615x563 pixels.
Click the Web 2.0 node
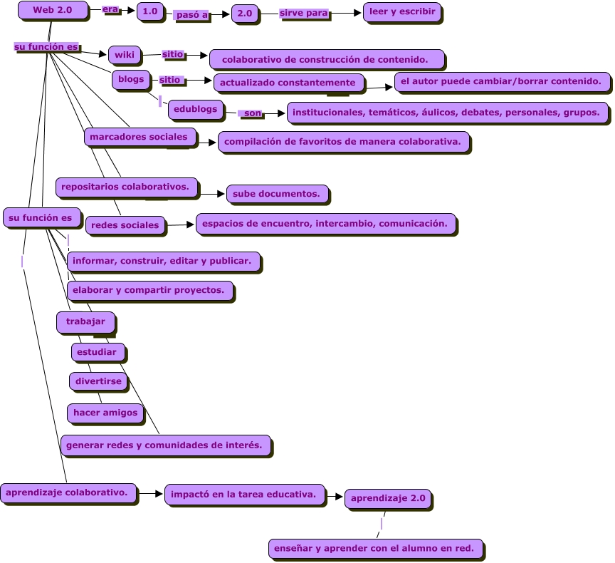click(53, 10)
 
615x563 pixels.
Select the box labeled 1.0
click(149, 11)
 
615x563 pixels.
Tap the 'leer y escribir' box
click(402, 12)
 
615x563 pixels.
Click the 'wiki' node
click(125, 54)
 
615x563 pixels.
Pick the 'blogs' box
click(131, 80)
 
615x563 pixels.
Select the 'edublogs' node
click(196, 110)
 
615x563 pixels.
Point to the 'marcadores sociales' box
click(140, 137)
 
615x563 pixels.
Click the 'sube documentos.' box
click(277, 193)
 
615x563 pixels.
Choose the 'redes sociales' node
click(125, 225)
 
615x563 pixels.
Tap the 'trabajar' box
click(85, 322)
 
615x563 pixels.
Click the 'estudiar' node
click(98, 352)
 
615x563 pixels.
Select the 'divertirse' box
click(98, 381)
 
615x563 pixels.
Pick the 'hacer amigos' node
click(105, 413)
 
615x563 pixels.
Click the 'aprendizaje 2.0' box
click(388, 499)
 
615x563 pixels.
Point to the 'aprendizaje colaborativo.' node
click(68, 492)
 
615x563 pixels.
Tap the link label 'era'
click(110, 9)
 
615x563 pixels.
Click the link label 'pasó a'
click(191, 15)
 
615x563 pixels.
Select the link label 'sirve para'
click(304, 14)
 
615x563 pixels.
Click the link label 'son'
click(252, 113)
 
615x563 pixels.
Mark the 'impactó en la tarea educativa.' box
click(245, 494)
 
